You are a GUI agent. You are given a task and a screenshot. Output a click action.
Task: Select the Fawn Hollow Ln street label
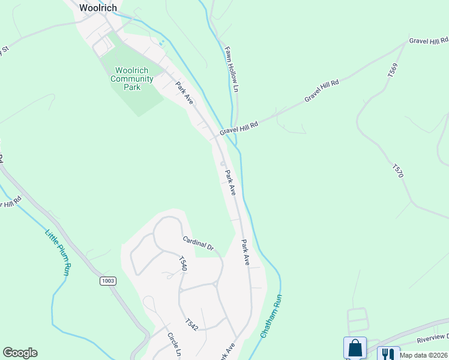(x=232, y=70)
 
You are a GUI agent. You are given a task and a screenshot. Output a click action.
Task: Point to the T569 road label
(x=393, y=70)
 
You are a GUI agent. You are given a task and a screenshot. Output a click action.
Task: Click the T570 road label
(x=398, y=170)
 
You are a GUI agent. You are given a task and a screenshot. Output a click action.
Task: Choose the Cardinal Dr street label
(x=199, y=243)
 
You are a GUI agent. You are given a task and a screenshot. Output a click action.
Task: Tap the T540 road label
(x=182, y=264)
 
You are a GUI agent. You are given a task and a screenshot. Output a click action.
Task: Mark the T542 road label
(x=191, y=324)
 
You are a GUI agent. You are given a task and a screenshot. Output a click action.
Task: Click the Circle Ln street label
(x=174, y=344)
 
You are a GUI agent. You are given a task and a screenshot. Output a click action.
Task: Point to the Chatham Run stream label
(x=271, y=316)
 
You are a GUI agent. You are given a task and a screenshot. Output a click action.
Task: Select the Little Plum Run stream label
(x=59, y=251)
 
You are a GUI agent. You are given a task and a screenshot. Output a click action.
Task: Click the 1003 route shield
(x=108, y=281)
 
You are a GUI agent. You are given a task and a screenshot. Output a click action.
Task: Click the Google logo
(x=20, y=353)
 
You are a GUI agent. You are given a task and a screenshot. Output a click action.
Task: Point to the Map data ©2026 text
(x=424, y=355)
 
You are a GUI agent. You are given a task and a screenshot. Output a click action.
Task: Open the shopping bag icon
(x=355, y=348)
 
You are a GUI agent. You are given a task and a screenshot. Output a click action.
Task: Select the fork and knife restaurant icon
(x=388, y=354)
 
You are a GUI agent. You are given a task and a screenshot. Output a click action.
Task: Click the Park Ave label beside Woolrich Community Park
(x=184, y=93)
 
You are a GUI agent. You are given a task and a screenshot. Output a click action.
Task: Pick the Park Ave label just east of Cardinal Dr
(x=245, y=253)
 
